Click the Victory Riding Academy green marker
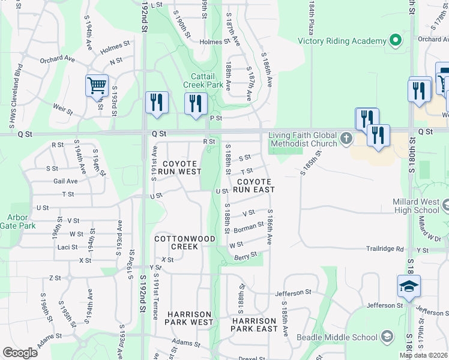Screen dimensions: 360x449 coord(395,41)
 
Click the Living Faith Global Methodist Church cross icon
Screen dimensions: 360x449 coord(346,139)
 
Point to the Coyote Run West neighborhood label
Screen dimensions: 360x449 coord(180,167)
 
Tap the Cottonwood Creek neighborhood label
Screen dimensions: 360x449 coord(184,242)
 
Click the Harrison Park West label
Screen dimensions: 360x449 coord(190,318)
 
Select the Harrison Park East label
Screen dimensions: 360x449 coord(254,325)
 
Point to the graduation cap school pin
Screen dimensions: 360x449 coord(408,286)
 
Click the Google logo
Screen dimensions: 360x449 coord(20,352)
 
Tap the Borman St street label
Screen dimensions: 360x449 coord(249,227)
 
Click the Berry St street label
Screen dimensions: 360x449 coord(246,256)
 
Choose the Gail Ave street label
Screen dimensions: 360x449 coord(65,181)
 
